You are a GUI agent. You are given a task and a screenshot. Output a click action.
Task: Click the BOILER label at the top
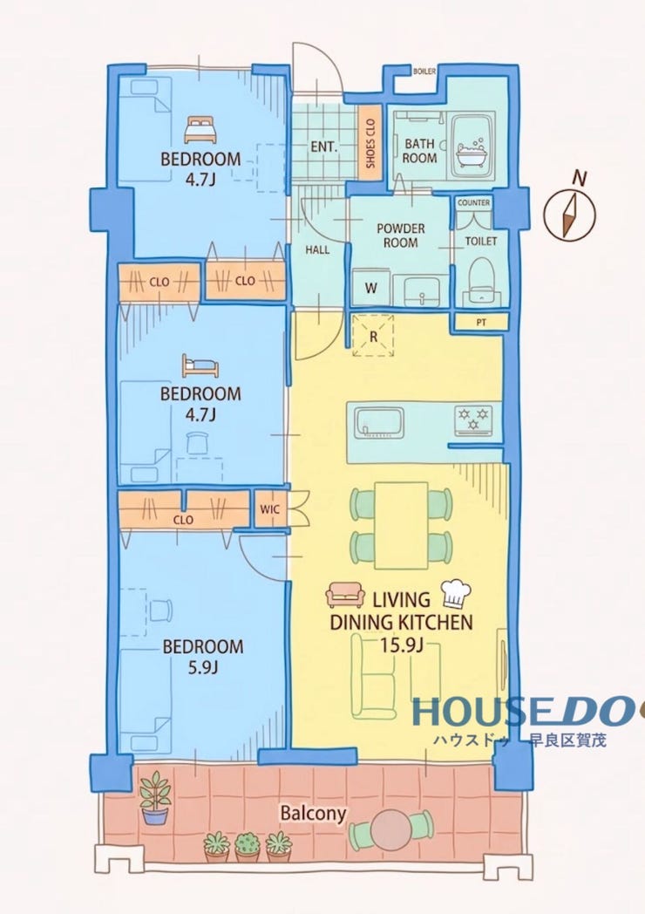[424, 72]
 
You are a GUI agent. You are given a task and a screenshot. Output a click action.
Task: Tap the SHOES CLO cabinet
[370, 143]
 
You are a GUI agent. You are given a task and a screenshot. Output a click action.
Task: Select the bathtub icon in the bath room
[472, 153]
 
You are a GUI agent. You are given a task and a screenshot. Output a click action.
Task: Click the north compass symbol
[570, 215]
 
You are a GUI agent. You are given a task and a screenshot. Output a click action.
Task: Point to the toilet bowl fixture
[481, 279]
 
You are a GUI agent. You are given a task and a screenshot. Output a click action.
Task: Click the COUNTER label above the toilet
[473, 203]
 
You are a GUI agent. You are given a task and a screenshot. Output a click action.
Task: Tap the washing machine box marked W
[371, 287]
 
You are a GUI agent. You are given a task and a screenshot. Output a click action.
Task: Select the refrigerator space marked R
[373, 335]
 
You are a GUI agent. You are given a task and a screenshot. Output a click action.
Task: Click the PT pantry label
[481, 322]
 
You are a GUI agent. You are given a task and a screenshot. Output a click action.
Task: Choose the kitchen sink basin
[380, 422]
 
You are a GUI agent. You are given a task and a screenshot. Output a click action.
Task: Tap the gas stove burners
[473, 419]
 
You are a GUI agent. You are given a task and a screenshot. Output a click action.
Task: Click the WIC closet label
[270, 508]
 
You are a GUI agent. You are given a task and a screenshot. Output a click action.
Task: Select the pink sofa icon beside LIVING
[345, 595]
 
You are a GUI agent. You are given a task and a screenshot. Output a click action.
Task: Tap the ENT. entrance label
[324, 147]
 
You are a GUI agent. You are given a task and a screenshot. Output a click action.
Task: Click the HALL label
[317, 250]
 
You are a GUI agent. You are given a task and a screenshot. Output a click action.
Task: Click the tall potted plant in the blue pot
[155, 797]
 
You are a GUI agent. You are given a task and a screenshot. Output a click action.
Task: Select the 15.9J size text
[402, 645]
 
